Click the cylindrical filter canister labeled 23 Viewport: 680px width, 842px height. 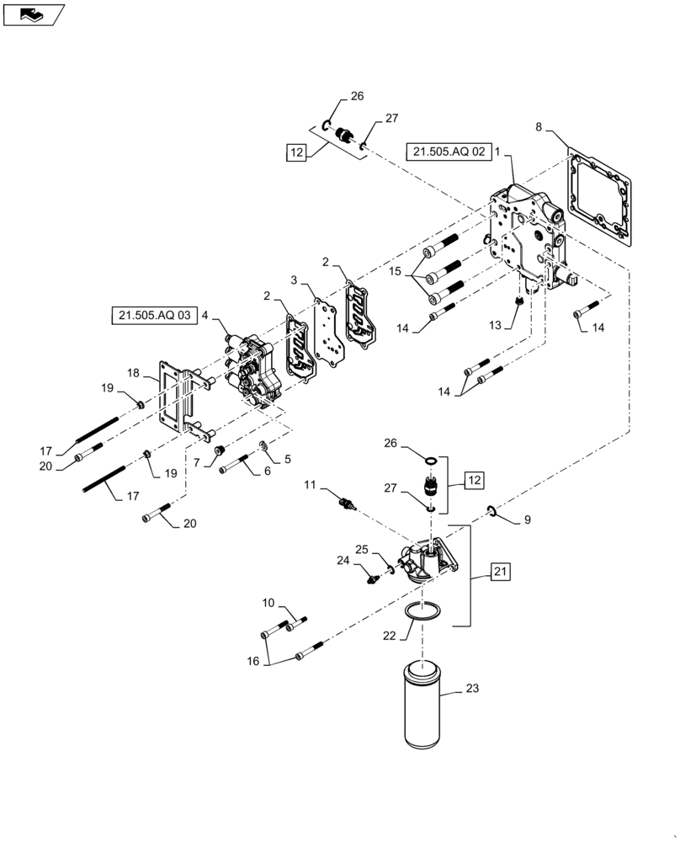[x=423, y=706]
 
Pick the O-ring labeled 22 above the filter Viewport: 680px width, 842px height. [x=420, y=612]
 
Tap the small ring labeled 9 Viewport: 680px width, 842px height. [x=491, y=510]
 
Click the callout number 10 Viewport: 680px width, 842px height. [x=268, y=601]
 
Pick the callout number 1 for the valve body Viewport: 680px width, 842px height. [x=497, y=152]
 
